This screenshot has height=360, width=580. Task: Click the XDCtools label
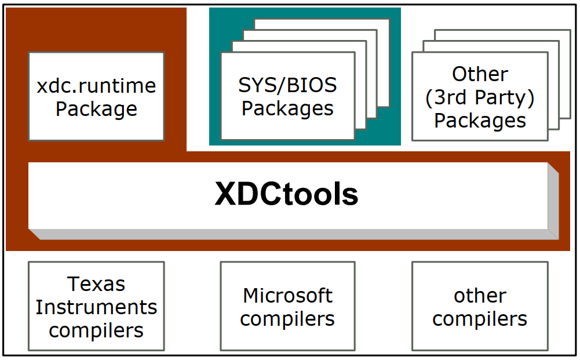[x=287, y=195]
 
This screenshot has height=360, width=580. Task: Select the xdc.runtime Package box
[x=96, y=96]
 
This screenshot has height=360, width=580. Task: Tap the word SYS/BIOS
[x=287, y=86]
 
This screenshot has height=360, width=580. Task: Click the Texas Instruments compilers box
[x=96, y=306]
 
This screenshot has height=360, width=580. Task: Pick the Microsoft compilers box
[x=287, y=306]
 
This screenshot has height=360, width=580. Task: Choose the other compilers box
[x=480, y=306]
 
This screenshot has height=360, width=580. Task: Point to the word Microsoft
[x=287, y=296]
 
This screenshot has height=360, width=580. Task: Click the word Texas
[x=96, y=284]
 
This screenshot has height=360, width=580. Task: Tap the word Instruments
[x=96, y=307]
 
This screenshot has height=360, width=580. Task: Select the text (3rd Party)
[x=480, y=97]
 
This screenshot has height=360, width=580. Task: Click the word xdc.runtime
[x=96, y=86]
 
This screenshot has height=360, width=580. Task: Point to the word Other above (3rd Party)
[x=480, y=74]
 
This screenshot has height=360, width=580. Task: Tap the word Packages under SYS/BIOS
[x=287, y=108]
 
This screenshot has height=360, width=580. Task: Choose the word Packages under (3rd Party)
[x=480, y=121]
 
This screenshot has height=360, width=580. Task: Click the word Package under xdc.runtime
[x=96, y=109]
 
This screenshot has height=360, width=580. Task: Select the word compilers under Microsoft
[x=287, y=319]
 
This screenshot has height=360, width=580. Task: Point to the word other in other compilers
[x=480, y=296]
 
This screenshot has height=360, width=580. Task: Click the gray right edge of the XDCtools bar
[x=553, y=201]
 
